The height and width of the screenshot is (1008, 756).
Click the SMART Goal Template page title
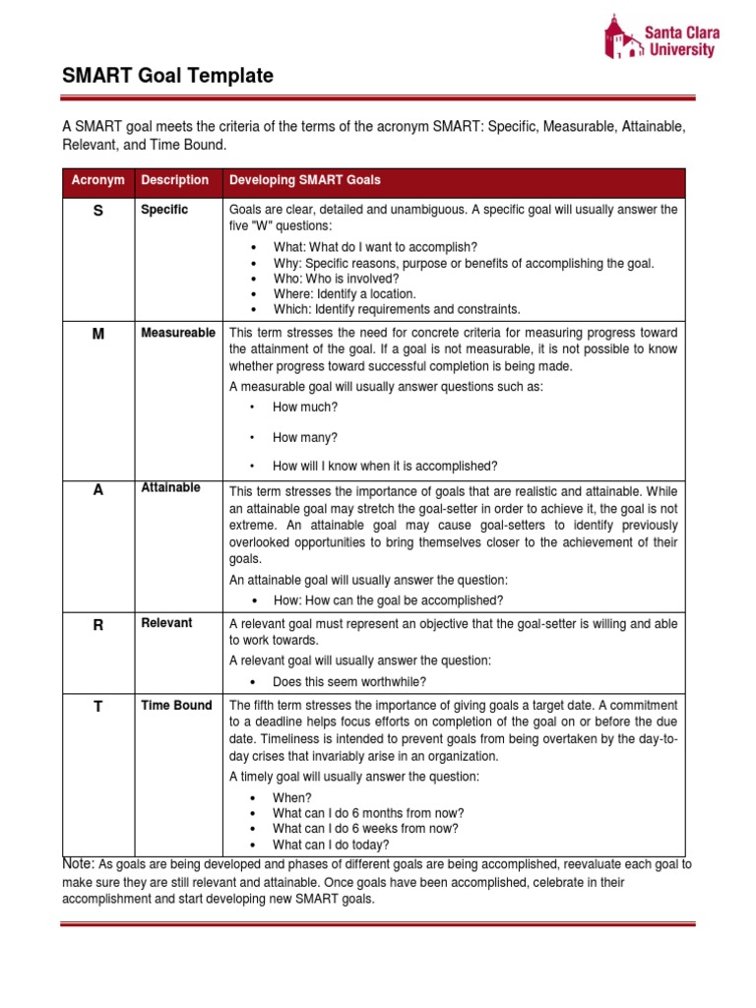point(167,76)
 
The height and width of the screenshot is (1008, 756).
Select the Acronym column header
point(97,180)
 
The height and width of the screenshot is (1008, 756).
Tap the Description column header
point(174,180)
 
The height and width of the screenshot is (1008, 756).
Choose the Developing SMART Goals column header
point(304,180)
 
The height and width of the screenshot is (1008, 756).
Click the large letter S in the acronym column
point(97,212)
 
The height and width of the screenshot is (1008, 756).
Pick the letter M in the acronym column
point(97,335)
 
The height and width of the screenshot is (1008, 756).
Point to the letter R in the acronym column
point(97,625)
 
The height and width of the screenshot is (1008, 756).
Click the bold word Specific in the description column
point(164,210)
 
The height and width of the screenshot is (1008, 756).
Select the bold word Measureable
point(178,333)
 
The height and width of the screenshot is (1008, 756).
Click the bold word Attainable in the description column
point(170,487)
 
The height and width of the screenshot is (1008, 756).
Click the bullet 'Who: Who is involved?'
point(336,279)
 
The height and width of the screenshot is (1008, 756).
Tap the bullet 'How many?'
point(305,437)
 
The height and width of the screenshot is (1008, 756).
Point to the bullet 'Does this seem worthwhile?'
point(349,681)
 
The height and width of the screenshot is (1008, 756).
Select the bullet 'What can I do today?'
point(331,844)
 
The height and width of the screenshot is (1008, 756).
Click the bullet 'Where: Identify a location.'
point(344,293)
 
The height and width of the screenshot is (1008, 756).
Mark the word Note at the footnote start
point(79,863)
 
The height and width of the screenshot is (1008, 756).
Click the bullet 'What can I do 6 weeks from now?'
point(365,828)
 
